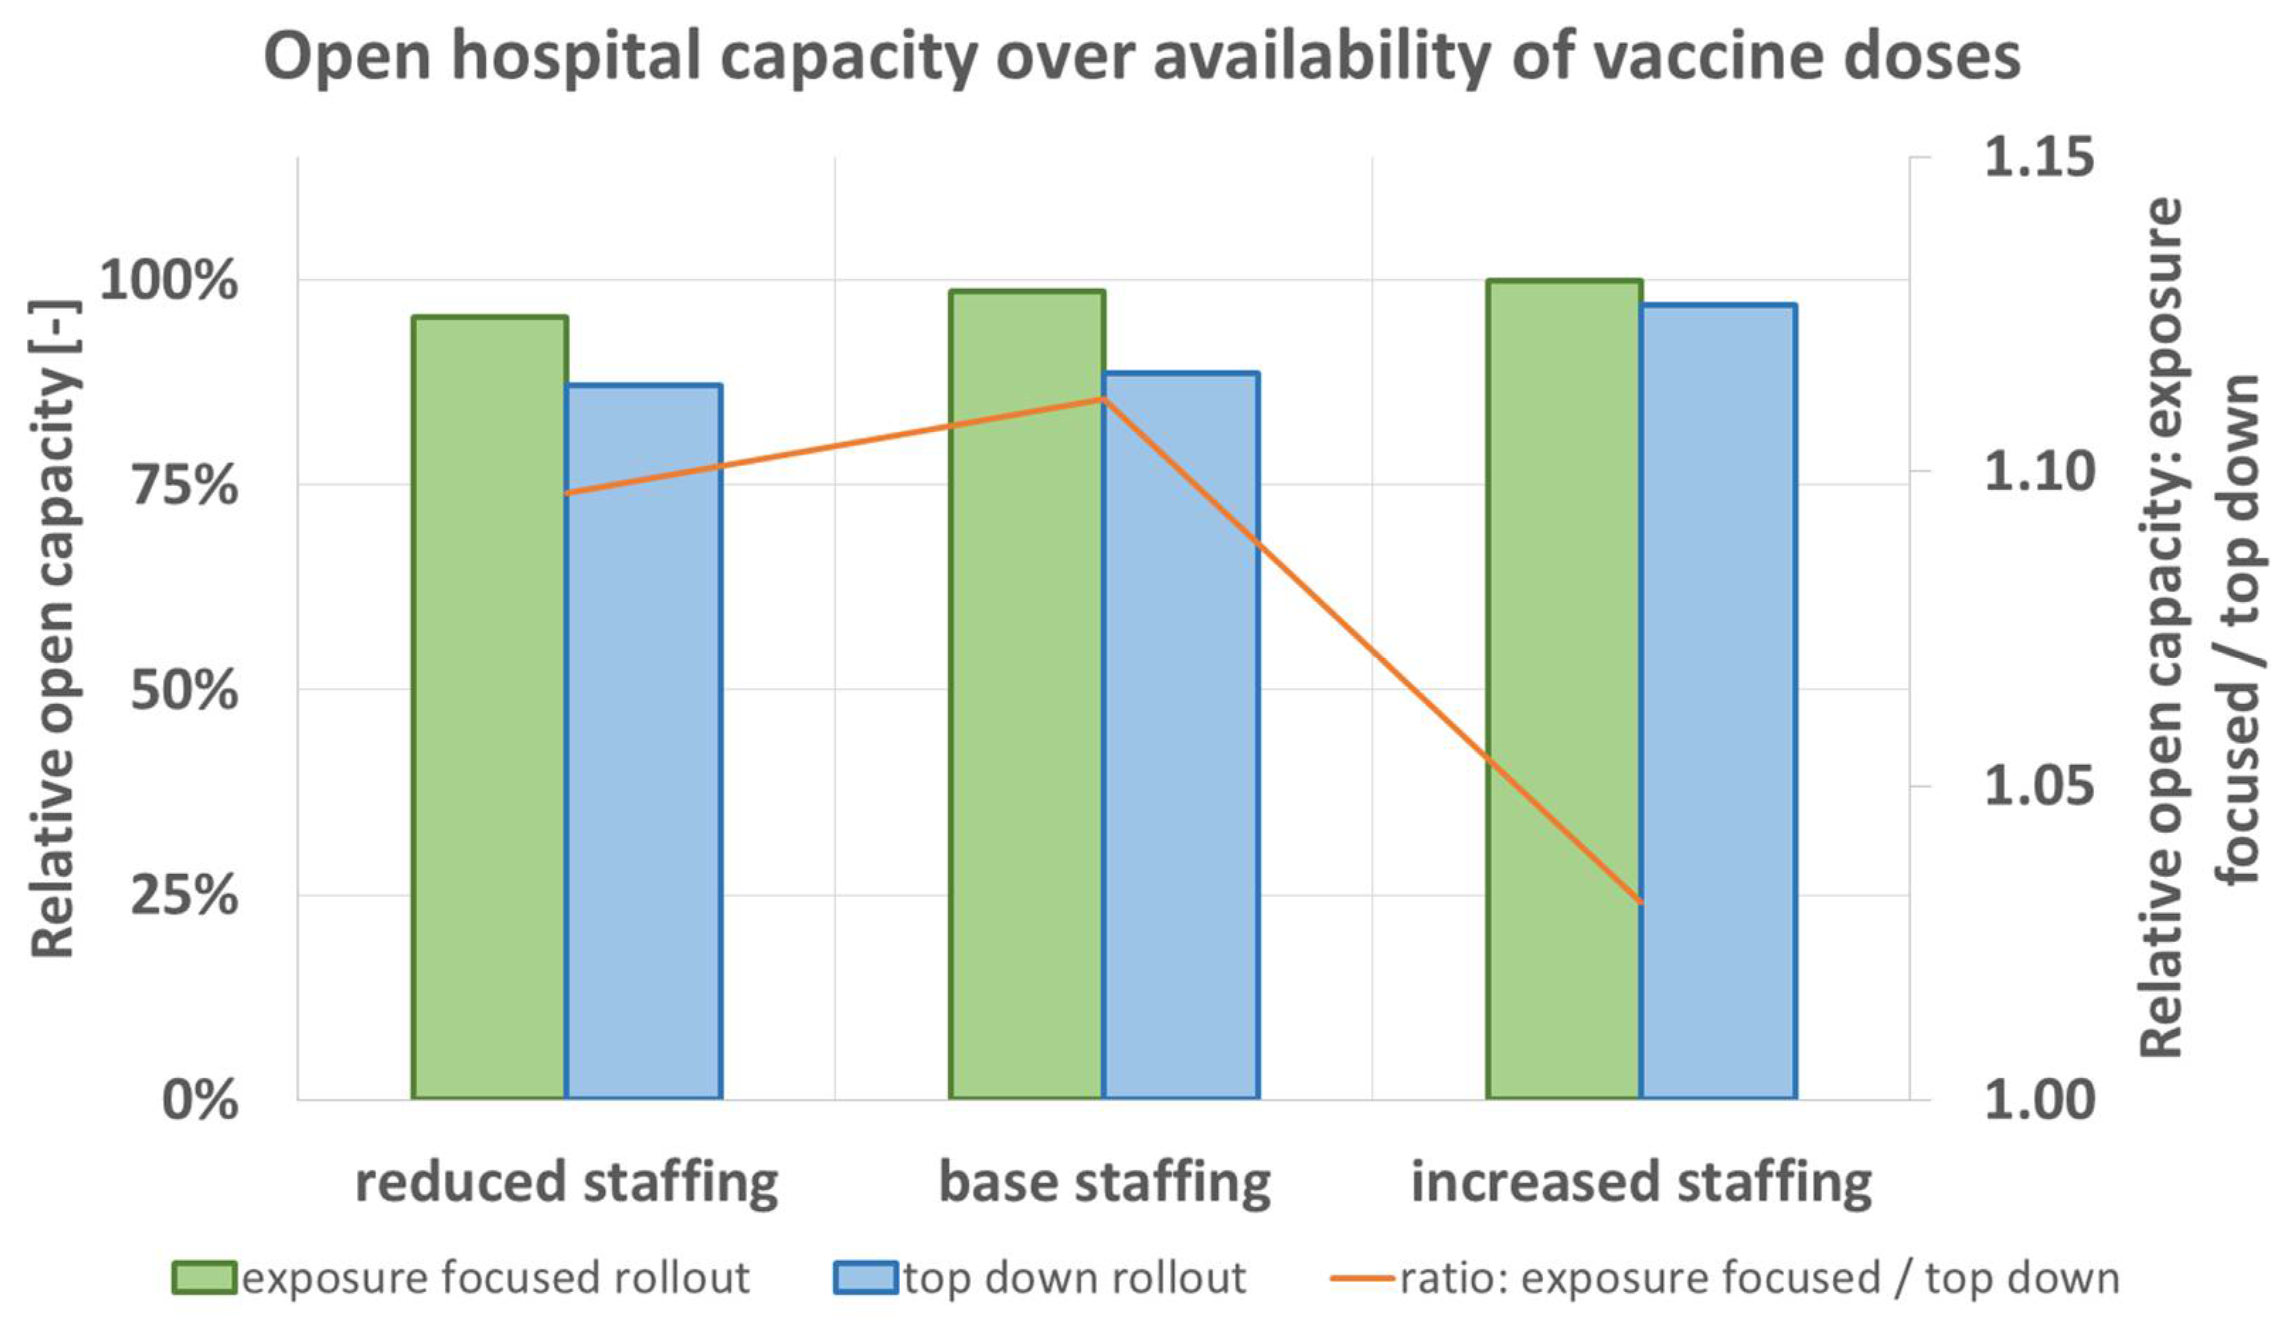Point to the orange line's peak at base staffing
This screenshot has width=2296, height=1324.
click(x=1103, y=398)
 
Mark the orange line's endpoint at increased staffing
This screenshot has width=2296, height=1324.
click(x=1641, y=902)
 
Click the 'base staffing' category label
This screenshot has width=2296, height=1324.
click(x=1103, y=1182)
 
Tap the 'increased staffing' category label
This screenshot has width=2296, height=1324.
click(x=1641, y=1182)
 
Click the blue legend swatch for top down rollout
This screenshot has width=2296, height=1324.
click(x=865, y=1278)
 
